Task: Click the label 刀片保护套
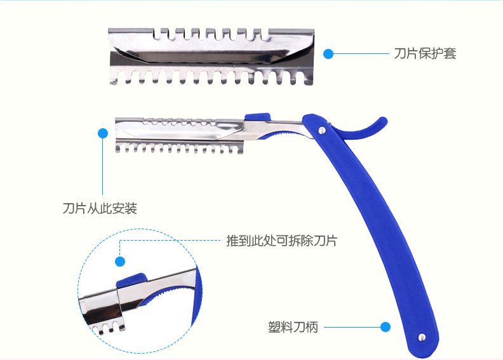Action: pyautogui.click(x=425, y=54)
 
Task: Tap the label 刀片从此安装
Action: pyautogui.click(x=100, y=208)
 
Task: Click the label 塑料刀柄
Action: pyautogui.click(x=293, y=328)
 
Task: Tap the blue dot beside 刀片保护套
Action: pyautogui.click(x=328, y=54)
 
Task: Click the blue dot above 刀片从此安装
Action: pyautogui.click(x=103, y=133)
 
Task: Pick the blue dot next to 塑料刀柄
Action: pyautogui.click(x=385, y=328)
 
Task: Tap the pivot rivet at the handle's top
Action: pyautogui.click(x=323, y=130)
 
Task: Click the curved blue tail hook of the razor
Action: pyautogui.click(x=368, y=130)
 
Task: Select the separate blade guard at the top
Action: pyautogui.click(x=213, y=56)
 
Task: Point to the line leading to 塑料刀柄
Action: pyautogui.click(x=351, y=328)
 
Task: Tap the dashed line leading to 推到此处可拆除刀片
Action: pyautogui.click(x=171, y=241)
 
